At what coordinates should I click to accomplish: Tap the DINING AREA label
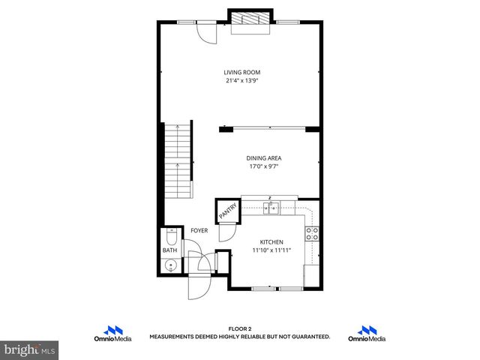pyautogui.click(x=262, y=158)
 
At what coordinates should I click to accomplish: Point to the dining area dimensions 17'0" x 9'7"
pyautogui.click(x=262, y=166)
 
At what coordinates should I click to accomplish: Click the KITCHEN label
pyautogui.click(x=271, y=241)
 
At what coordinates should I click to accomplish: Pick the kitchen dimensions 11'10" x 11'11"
pyautogui.click(x=271, y=250)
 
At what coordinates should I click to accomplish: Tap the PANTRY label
pyautogui.click(x=226, y=211)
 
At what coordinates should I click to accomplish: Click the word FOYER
pyautogui.click(x=199, y=231)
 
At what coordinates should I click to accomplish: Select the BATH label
pyautogui.click(x=169, y=250)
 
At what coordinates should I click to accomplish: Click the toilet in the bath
pyautogui.click(x=171, y=238)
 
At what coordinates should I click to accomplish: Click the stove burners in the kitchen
pyautogui.click(x=313, y=232)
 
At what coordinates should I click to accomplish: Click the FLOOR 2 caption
pyautogui.click(x=240, y=329)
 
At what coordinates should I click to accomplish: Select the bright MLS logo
pyautogui.click(x=30, y=349)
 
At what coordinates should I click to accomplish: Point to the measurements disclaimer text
pyautogui.click(x=240, y=337)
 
